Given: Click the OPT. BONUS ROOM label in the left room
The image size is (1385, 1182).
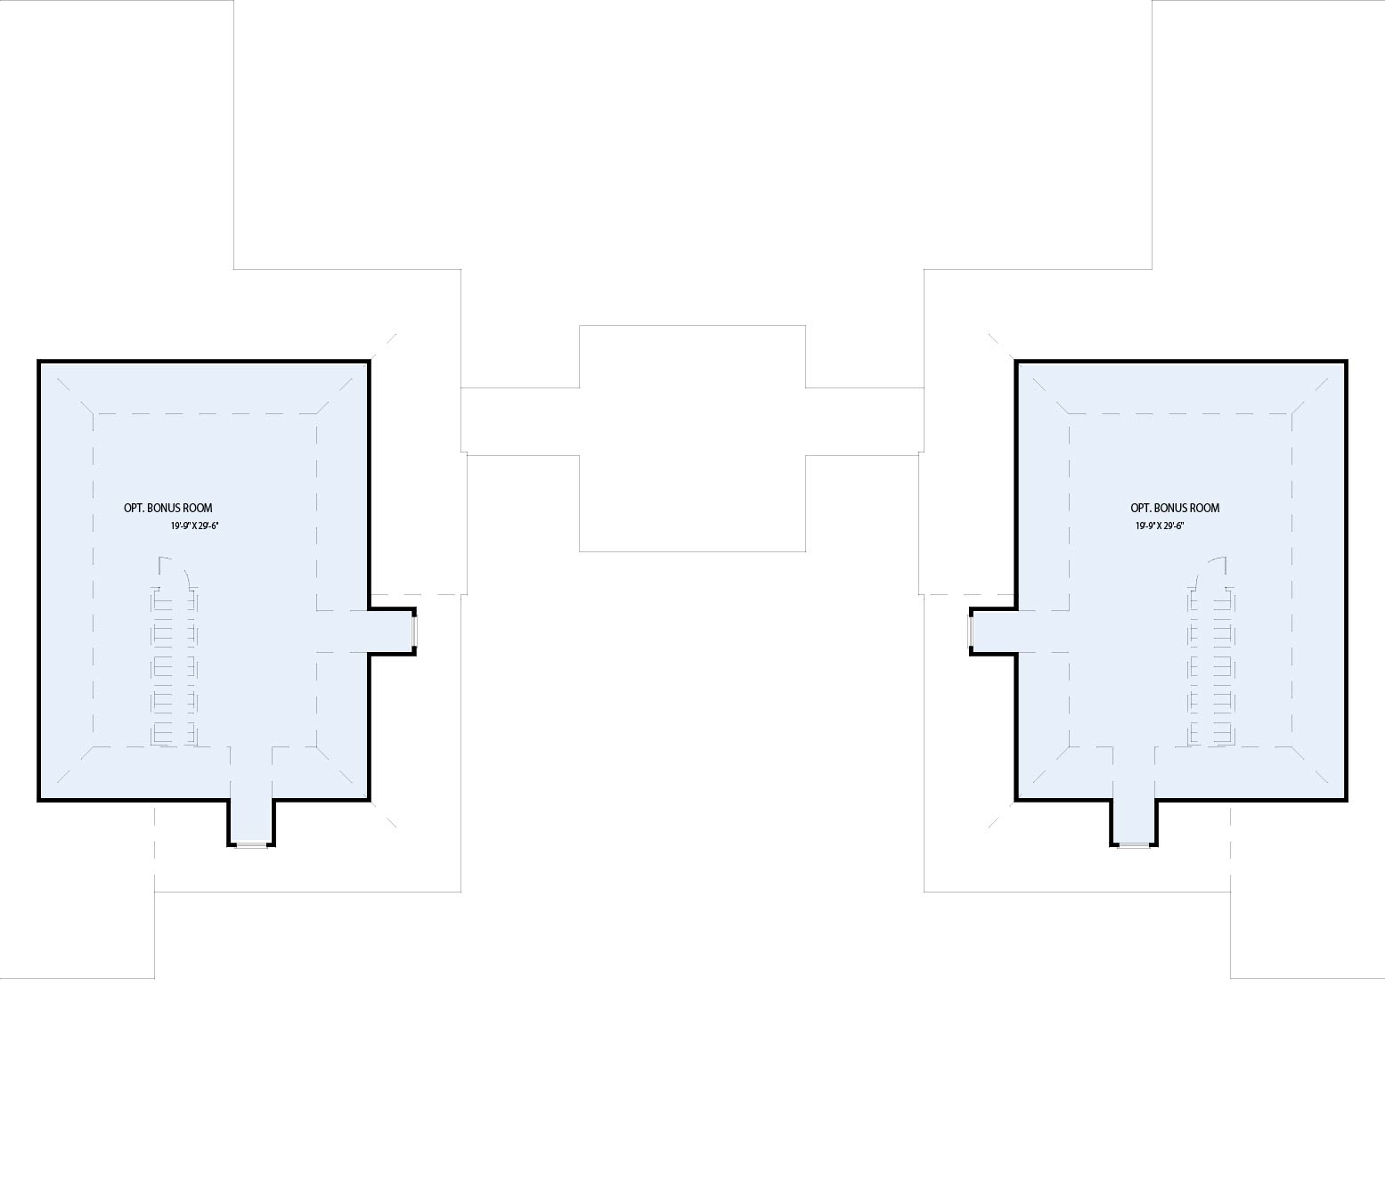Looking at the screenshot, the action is (168, 508).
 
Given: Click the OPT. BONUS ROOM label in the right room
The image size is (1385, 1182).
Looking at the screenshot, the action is (1175, 508).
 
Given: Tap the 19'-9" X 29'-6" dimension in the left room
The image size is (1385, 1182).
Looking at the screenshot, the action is (194, 526).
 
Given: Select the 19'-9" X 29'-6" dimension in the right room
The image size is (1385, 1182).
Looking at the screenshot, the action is (1160, 526).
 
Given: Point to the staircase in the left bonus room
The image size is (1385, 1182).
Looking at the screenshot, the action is (175, 667).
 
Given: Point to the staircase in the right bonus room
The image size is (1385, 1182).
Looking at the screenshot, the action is (1211, 667).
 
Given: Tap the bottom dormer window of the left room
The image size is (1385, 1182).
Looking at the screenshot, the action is (251, 845).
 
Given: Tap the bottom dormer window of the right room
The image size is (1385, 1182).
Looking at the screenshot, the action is (1134, 845).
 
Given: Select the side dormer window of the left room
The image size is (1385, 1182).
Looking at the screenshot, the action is (415, 632).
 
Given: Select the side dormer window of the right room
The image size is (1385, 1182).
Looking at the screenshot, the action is (971, 632).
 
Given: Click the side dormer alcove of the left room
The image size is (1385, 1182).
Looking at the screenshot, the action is (391, 632).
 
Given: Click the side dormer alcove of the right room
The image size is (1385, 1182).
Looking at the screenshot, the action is (994, 632).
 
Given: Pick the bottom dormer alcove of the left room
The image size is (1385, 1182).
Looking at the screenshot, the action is (251, 821).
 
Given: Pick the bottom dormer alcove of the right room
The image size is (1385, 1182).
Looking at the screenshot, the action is (1134, 821).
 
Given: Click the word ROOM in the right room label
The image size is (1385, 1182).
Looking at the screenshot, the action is (1205, 508).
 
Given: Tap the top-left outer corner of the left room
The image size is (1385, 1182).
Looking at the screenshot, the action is (38, 361).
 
